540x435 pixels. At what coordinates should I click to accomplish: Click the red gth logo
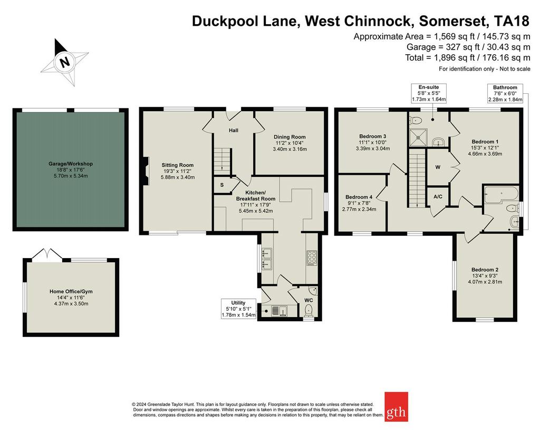pos(396,407)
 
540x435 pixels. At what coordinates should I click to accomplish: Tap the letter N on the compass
pos(64,63)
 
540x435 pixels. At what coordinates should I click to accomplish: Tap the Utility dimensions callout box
pos(238,309)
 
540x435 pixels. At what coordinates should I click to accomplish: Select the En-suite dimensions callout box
pos(429,93)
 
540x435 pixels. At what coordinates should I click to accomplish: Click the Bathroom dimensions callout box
pos(505,93)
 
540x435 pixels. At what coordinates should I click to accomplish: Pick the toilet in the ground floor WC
pos(309,310)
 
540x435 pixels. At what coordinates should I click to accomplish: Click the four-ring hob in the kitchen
pos(312,258)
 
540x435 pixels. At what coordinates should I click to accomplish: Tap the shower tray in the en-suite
pos(418,137)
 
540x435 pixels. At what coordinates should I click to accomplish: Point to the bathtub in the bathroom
pos(501,195)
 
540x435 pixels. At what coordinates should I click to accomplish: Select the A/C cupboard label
pos(438,196)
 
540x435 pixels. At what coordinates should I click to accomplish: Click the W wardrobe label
pos(438,167)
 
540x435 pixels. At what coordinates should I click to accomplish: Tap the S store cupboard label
pos(222,185)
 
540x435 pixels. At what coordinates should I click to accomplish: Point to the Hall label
pos(234,130)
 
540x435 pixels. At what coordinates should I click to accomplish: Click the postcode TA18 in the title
pos(512,21)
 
